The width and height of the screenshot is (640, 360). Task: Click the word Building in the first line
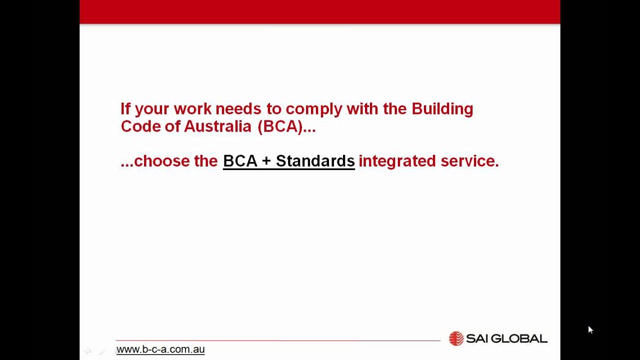click(x=442, y=109)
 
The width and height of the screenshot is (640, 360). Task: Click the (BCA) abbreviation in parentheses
click(x=280, y=126)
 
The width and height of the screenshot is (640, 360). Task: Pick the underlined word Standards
click(x=315, y=161)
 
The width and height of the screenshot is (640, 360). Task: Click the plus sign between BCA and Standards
click(x=266, y=161)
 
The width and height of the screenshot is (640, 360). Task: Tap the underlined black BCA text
click(x=240, y=161)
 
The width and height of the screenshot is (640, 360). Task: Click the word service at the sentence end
click(x=469, y=161)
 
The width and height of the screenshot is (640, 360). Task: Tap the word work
click(x=192, y=109)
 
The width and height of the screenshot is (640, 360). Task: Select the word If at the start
click(x=125, y=108)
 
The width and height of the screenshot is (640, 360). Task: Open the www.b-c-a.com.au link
click(x=160, y=349)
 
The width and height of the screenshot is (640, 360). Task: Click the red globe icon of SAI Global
click(x=456, y=338)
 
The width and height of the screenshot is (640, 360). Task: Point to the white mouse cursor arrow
click(x=590, y=329)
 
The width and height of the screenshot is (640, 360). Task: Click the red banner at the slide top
click(x=319, y=11)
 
